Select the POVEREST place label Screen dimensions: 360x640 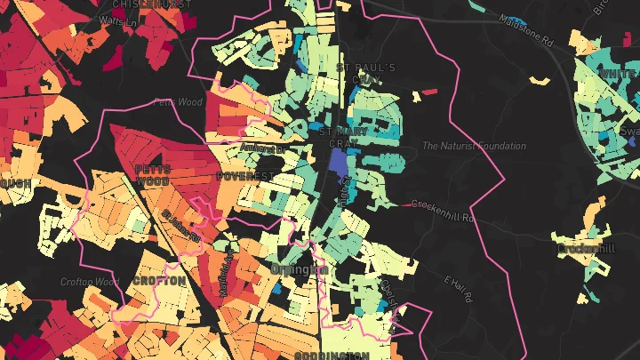pos(244,177)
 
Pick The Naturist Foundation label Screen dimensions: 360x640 pos(468,146)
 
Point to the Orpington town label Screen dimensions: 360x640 pos(300,268)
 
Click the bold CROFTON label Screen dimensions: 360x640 pos(159,280)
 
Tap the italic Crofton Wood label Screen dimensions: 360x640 pos(90,282)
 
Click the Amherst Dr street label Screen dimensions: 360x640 pos(260,149)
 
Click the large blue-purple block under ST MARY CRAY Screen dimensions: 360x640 pos(339,162)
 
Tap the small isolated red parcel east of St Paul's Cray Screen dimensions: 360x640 pos(429,92)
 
